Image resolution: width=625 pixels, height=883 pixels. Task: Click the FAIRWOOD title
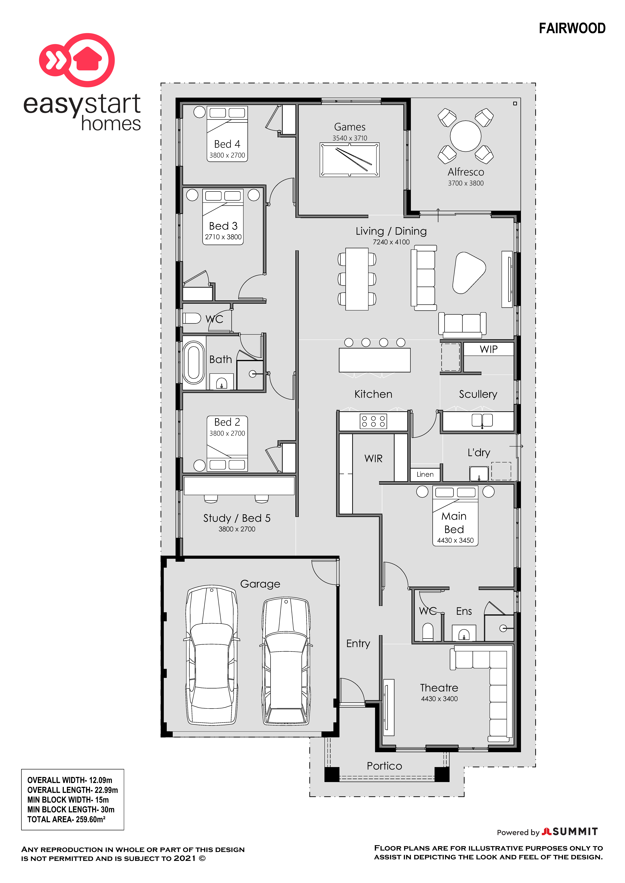click(x=572, y=28)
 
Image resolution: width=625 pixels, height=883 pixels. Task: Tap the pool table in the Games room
click(x=349, y=160)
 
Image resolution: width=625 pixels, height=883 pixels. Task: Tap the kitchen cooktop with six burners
click(x=373, y=421)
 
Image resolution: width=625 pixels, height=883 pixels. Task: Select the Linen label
click(x=425, y=474)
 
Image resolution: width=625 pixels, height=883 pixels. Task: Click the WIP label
click(x=488, y=349)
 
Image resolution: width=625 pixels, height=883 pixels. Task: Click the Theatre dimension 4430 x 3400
click(x=439, y=699)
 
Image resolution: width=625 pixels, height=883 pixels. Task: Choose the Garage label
click(x=260, y=584)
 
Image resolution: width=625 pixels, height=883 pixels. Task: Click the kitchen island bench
click(x=374, y=360)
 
